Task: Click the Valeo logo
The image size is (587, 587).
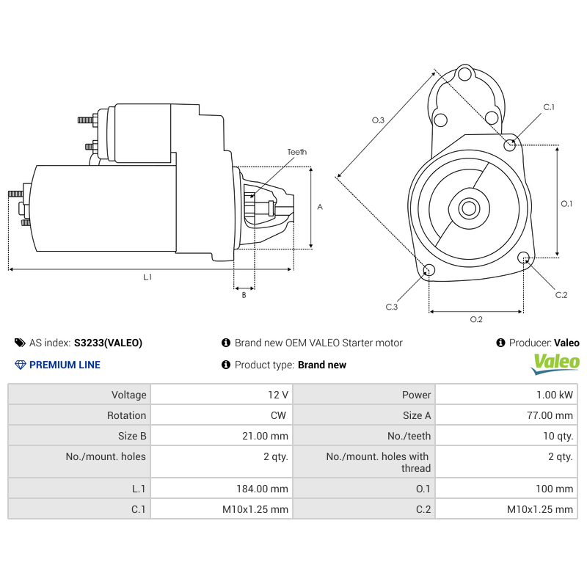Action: (x=555, y=362)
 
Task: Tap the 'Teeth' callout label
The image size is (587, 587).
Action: (x=296, y=152)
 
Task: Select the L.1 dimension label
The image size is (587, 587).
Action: (x=147, y=277)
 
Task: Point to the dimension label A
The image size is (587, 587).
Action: (x=319, y=207)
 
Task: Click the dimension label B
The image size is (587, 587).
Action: (x=244, y=295)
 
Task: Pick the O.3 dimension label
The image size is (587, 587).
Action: (x=378, y=120)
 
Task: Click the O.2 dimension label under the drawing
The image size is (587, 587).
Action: (x=475, y=318)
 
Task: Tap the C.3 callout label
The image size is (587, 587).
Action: (x=392, y=307)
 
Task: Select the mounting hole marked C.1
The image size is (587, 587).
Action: (x=510, y=145)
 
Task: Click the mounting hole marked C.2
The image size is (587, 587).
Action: (x=524, y=258)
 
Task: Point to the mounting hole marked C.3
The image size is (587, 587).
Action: (x=429, y=271)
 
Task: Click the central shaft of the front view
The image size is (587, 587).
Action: (x=468, y=208)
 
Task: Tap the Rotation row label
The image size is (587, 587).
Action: (x=126, y=415)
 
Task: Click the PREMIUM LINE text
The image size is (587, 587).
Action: (x=65, y=365)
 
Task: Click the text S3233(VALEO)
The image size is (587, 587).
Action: (x=108, y=343)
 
